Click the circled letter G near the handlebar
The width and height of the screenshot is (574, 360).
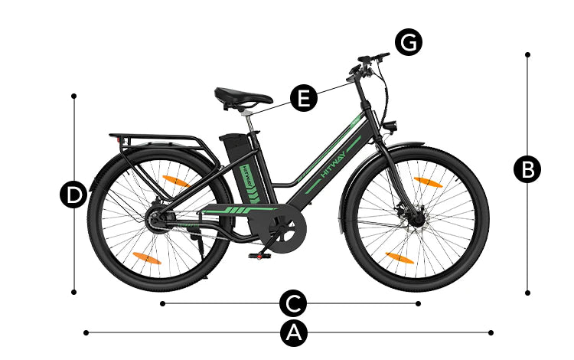tap(409, 42)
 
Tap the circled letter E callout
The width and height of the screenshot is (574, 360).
tap(304, 98)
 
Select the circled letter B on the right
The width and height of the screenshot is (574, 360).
tap(527, 169)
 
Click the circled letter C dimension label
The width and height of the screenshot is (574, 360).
tap(293, 303)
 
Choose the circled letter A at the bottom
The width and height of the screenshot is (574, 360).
tap(294, 332)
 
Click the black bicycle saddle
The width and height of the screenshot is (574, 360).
tap(243, 97)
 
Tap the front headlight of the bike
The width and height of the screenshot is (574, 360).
tap(390, 126)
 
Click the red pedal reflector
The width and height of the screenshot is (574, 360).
tap(259, 257)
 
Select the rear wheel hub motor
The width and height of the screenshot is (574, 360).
tap(157, 220)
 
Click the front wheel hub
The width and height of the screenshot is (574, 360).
tap(416, 218)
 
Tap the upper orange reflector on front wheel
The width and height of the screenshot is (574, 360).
tap(428, 182)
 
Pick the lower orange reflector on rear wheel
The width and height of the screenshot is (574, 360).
tap(146, 258)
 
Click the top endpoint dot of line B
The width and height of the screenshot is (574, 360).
tap(527, 54)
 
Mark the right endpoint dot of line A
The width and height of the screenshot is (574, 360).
tap(491, 332)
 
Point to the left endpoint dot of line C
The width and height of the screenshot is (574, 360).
tap(162, 303)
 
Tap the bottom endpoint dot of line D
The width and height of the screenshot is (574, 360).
tap(74, 292)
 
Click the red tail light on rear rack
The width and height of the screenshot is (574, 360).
tap(118, 140)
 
